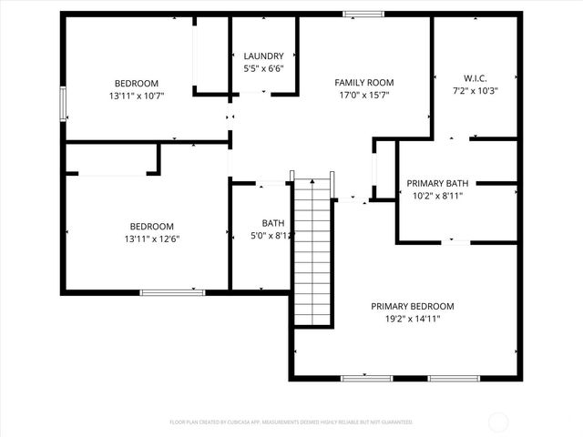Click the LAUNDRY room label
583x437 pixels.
(263, 56)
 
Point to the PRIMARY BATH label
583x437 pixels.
(437, 183)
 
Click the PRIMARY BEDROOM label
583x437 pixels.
(412, 306)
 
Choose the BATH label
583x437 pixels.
(272, 223)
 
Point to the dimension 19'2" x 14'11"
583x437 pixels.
(412, 319)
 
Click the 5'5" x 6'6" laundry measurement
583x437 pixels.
(263, 68)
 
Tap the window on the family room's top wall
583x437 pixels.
(363, 14)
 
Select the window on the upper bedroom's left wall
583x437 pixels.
(63, 103)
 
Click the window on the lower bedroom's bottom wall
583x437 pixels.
(172, 292)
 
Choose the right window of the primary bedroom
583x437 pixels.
(454, 378)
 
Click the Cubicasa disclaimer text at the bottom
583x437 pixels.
(291, 422)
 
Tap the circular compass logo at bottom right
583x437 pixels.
(498, 422)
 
